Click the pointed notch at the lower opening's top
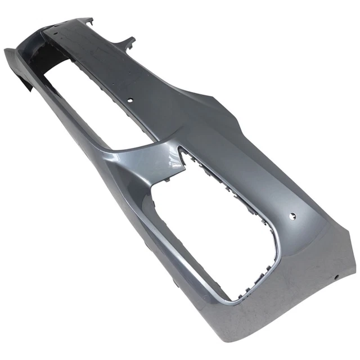click(x=181, y=151)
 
